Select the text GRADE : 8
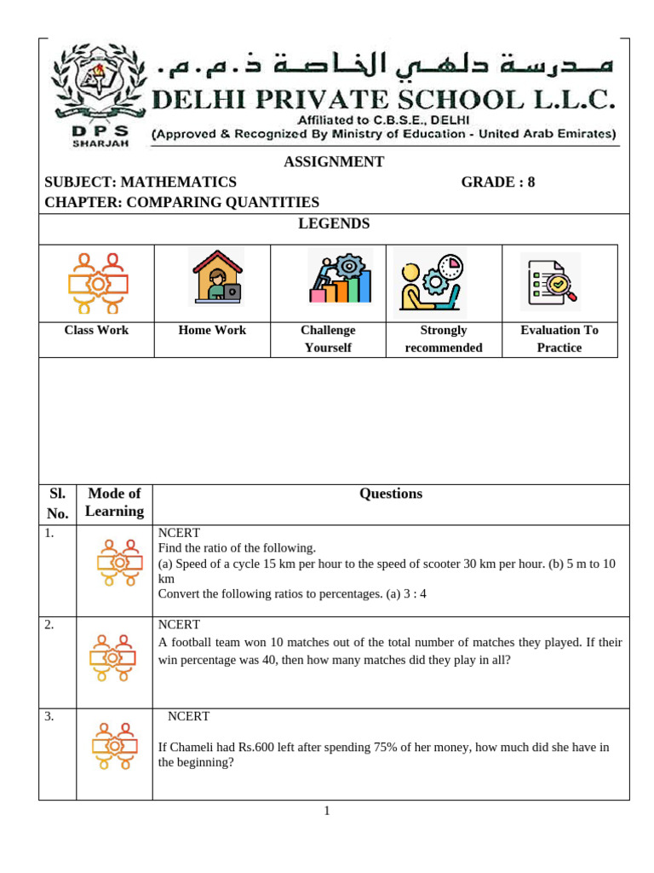pos(498,182)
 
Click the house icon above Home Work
pos(215,277)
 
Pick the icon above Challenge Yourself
pos(339,277)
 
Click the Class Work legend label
pos(96,330)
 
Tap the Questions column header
pos(391,494)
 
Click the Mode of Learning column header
pos(114,502)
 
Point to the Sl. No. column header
pos(57,503)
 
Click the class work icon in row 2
pos(114,658)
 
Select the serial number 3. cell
pos(49,717)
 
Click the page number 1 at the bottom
pos(326,811)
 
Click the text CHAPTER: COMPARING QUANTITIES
pos(181,202)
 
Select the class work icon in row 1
pos(118,563)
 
